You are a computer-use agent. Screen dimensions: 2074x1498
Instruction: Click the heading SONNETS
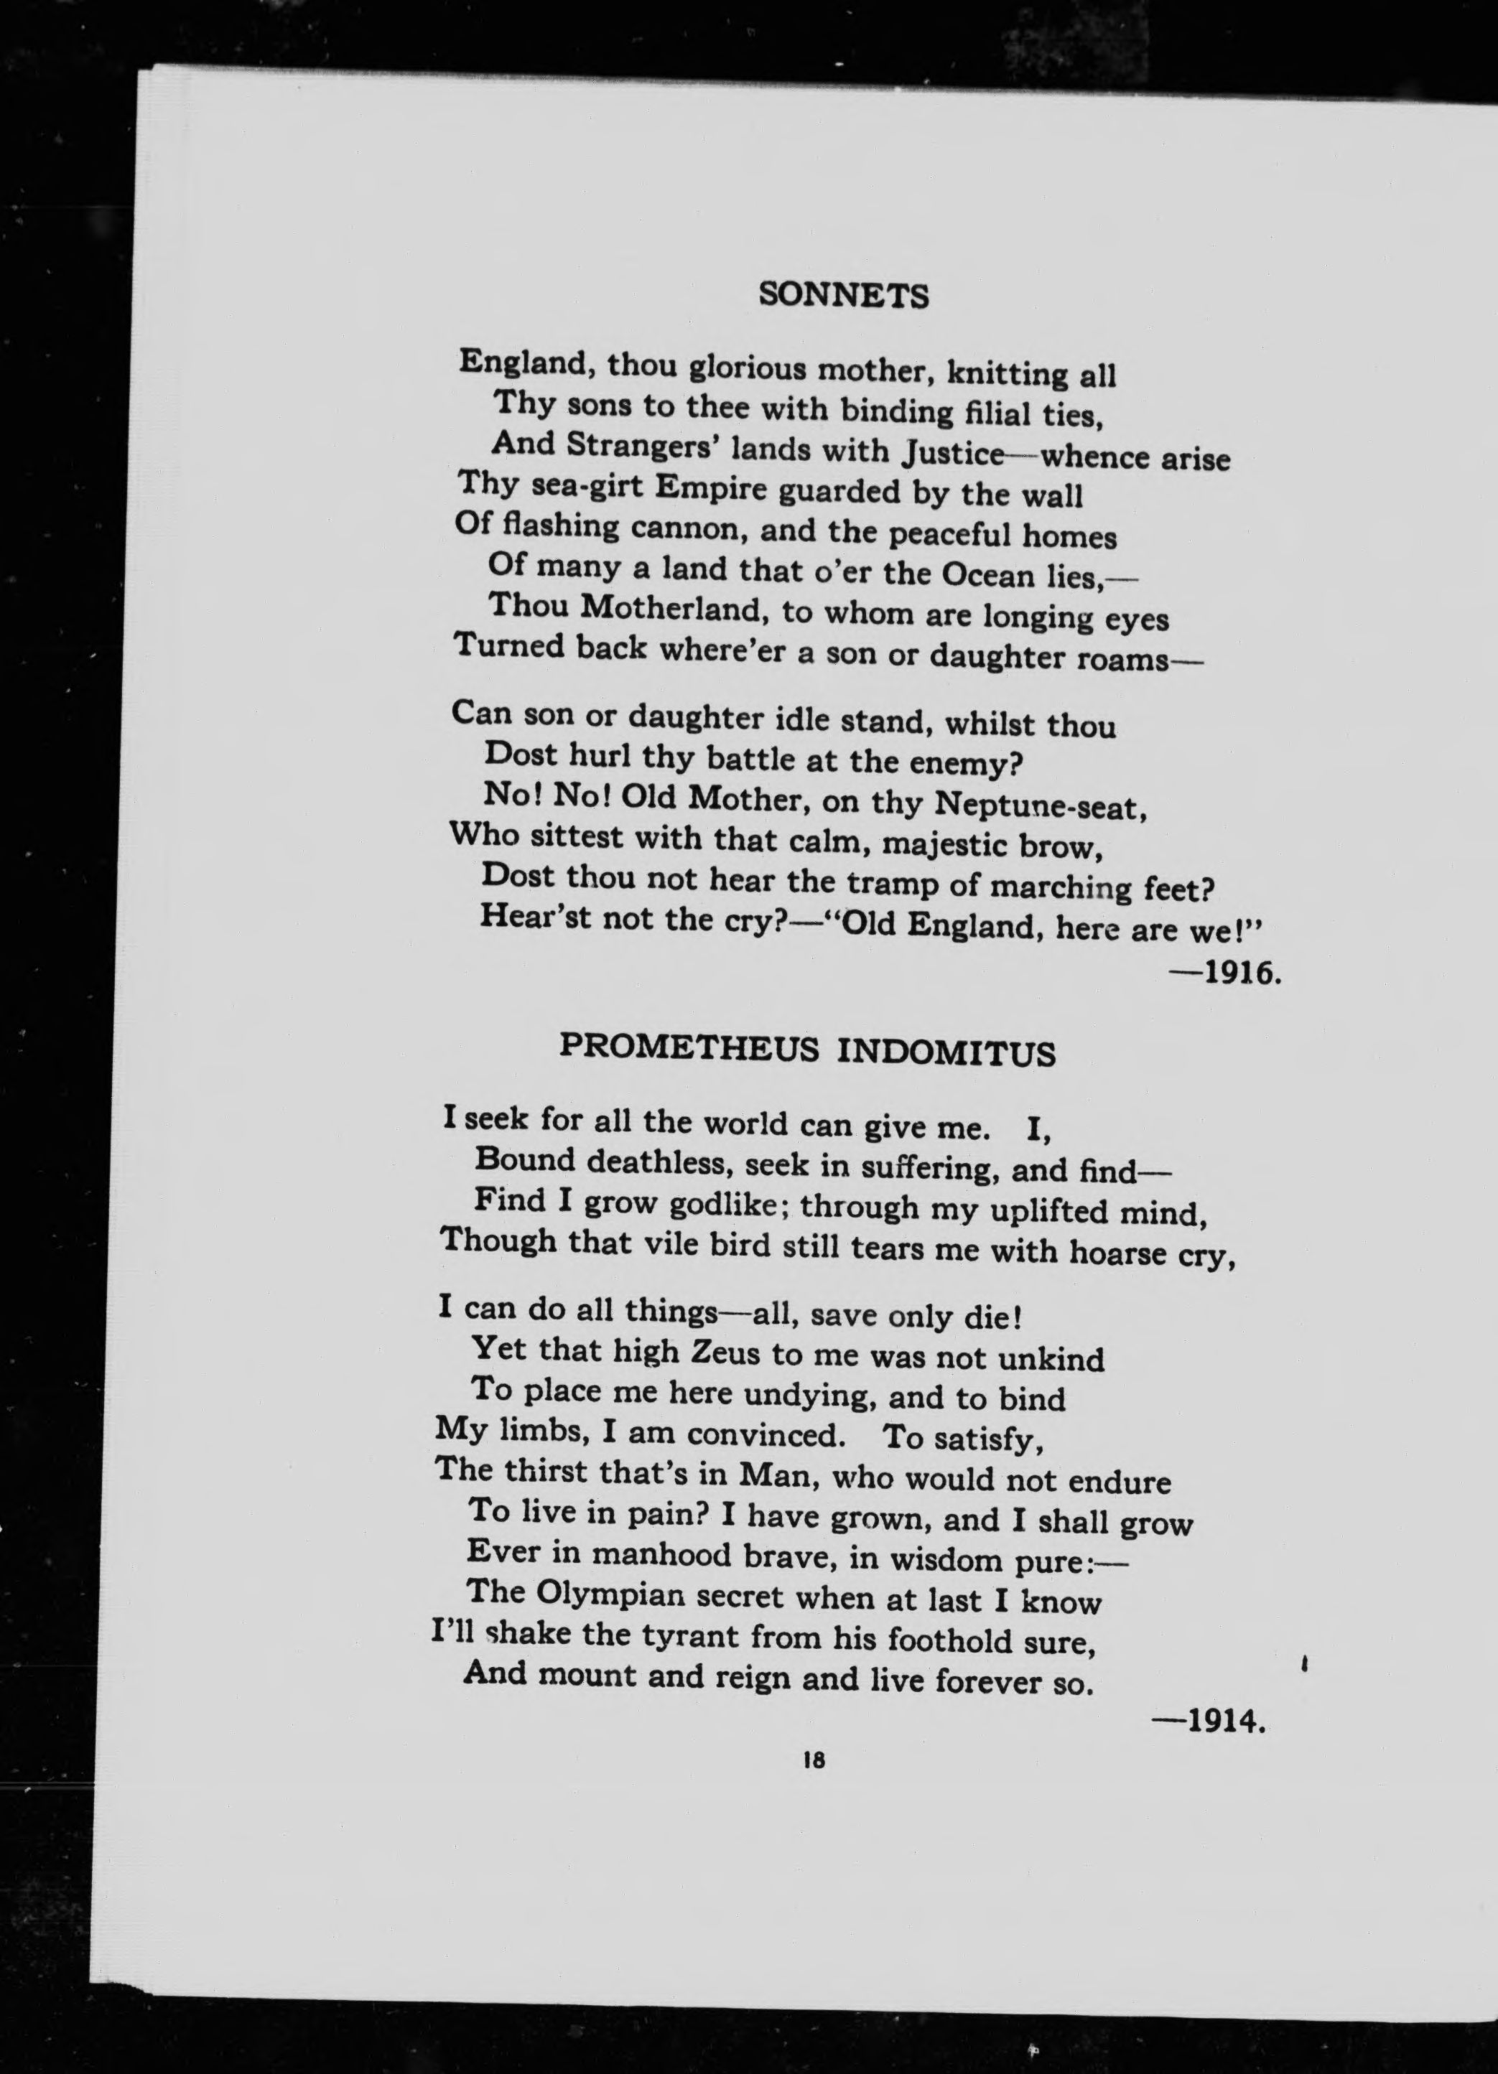coord(844,295)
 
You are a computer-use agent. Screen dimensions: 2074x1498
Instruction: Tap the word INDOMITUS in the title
coord(946,1053)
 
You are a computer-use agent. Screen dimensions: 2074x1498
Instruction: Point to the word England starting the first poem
coord(528,364)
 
